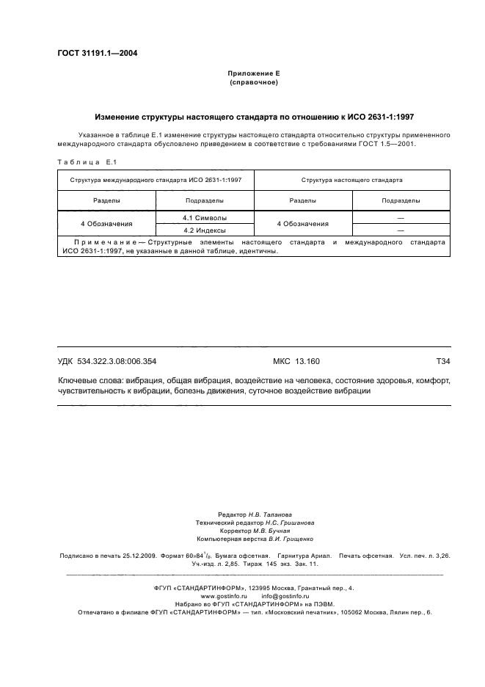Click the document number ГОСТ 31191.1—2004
tap(97, 53)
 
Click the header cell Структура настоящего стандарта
tap(351, 179)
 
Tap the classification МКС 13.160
tap(291, 361)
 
